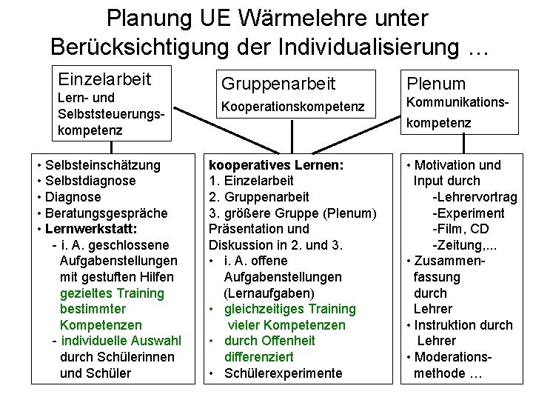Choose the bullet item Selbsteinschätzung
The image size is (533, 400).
tap(102, 165)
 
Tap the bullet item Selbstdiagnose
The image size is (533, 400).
tap(90, 181)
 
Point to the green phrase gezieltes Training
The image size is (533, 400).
tap(112, 293)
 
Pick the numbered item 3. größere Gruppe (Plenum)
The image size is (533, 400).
tap(293, 213)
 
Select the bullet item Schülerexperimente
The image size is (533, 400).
tap(282, 373)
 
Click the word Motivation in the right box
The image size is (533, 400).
tap(444, 165)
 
